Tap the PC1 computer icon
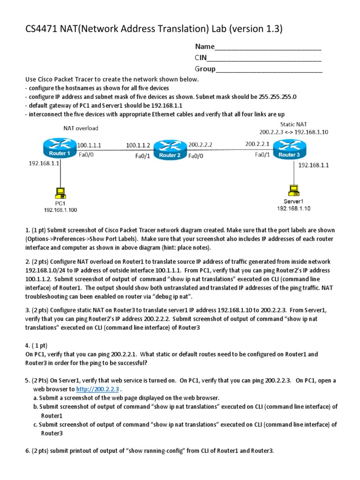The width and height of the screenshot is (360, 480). coord(60,192)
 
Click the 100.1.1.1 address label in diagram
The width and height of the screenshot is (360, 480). coord(89,145)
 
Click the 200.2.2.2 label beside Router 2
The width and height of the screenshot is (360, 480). coord(200,145)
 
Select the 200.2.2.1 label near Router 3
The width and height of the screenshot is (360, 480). coord(257,144)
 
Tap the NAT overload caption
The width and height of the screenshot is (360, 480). coord(81,128)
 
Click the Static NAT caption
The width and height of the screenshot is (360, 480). coord(293,124)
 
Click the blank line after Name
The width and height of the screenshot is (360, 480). coord(268,47)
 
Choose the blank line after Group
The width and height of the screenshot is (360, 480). coord(269,69)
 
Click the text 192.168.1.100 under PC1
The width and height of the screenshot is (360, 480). coord(60,210)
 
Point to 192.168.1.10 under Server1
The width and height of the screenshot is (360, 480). coord(293,208)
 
